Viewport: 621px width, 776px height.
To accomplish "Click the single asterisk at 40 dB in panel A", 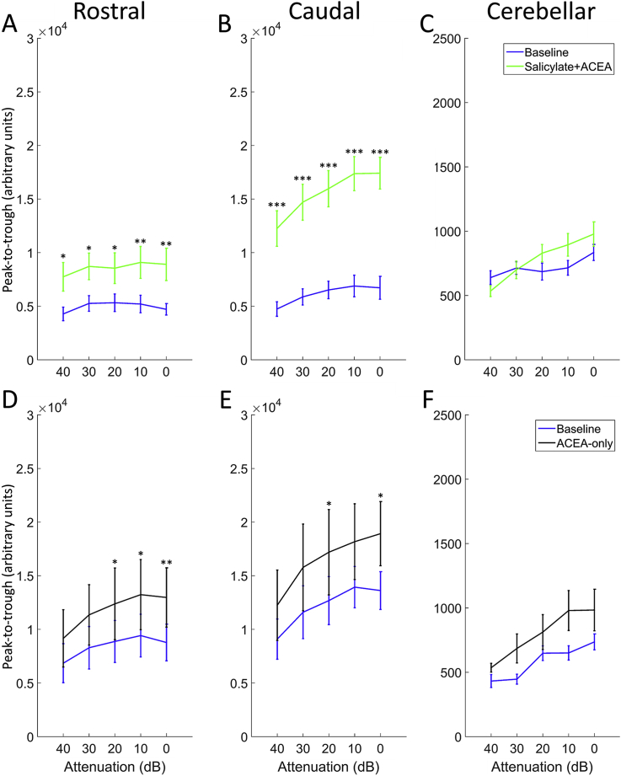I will coord(62,257).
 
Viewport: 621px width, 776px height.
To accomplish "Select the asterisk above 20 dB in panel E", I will coord(329,505).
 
